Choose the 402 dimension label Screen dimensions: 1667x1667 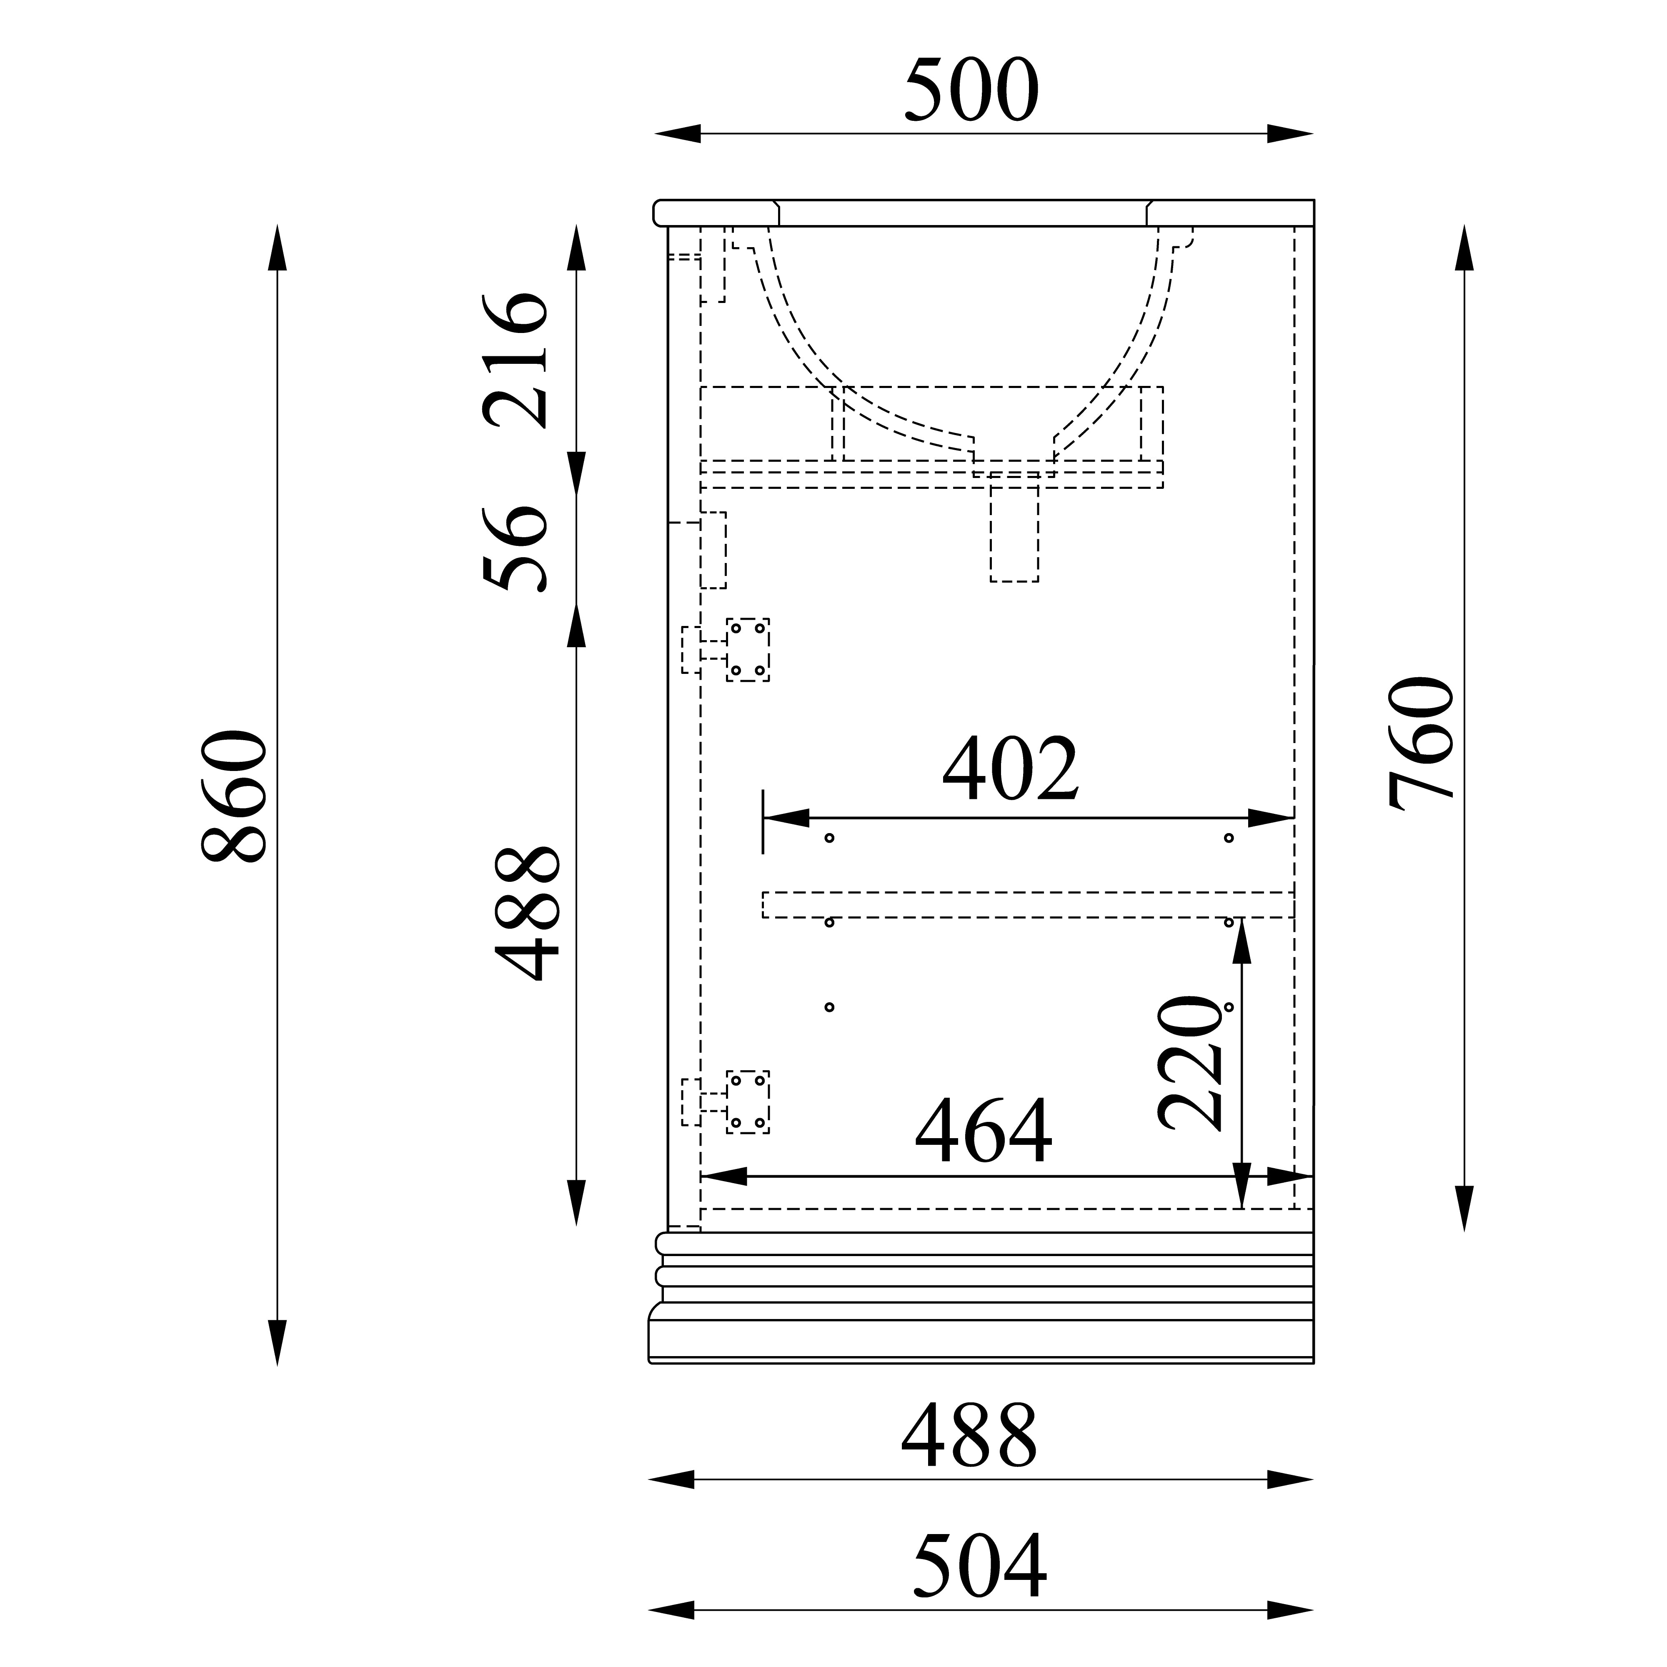pyautogui.click(x=1010, y=767)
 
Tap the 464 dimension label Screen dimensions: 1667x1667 pyautogui.click(x=984, y=1131)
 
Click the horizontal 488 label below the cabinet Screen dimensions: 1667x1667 pyautogui.click(x=969, y=1437)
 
